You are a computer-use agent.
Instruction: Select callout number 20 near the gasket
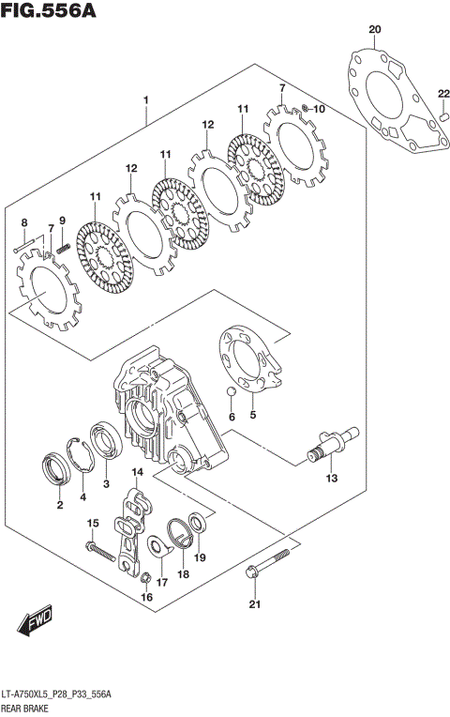tap(375, 30)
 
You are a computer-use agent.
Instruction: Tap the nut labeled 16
tap(145, 578)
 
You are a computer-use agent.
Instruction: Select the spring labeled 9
tap(64, 248)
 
